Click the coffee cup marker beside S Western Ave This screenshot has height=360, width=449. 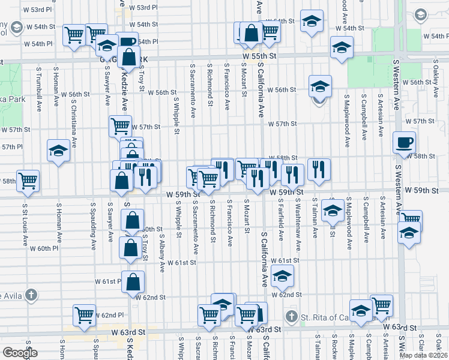click(x=404, y=142)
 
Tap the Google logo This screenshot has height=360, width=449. click(x=20, y=352)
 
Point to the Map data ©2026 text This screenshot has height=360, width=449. click(x=423, y=355)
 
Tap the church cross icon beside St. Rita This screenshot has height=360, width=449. click(x=291, y=316)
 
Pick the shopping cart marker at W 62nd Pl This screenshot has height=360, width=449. click(x=85, y=314)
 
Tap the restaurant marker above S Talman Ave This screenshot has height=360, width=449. click(x=319, y=169)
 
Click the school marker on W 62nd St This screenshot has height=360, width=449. click(x=282, y=277)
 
